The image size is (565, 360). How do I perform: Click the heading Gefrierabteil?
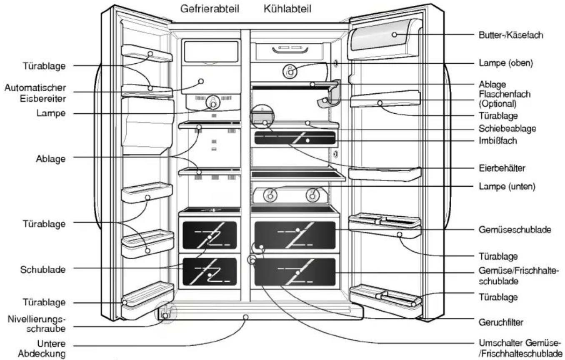210,9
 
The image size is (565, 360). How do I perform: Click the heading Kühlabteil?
287,9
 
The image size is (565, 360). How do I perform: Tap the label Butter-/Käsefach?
511,35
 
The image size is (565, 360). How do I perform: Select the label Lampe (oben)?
506,63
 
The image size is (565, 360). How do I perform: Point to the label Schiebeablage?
507,128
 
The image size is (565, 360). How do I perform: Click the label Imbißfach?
497,140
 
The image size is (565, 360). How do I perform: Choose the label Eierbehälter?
502,168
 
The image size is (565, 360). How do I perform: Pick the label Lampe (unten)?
507,186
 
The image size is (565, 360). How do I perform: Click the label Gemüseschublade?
515,230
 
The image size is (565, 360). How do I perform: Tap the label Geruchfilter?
501,322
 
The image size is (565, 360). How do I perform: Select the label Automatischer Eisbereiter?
35,93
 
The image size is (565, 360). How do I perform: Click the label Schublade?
43,270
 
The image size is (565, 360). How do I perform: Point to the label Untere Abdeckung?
42,348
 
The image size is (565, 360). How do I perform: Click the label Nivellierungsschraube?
37,324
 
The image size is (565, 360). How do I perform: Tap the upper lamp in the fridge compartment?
290,72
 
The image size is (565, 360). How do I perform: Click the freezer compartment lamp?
213,102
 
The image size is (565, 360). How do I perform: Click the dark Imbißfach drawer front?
295,138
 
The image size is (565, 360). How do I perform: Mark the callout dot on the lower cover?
245,317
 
